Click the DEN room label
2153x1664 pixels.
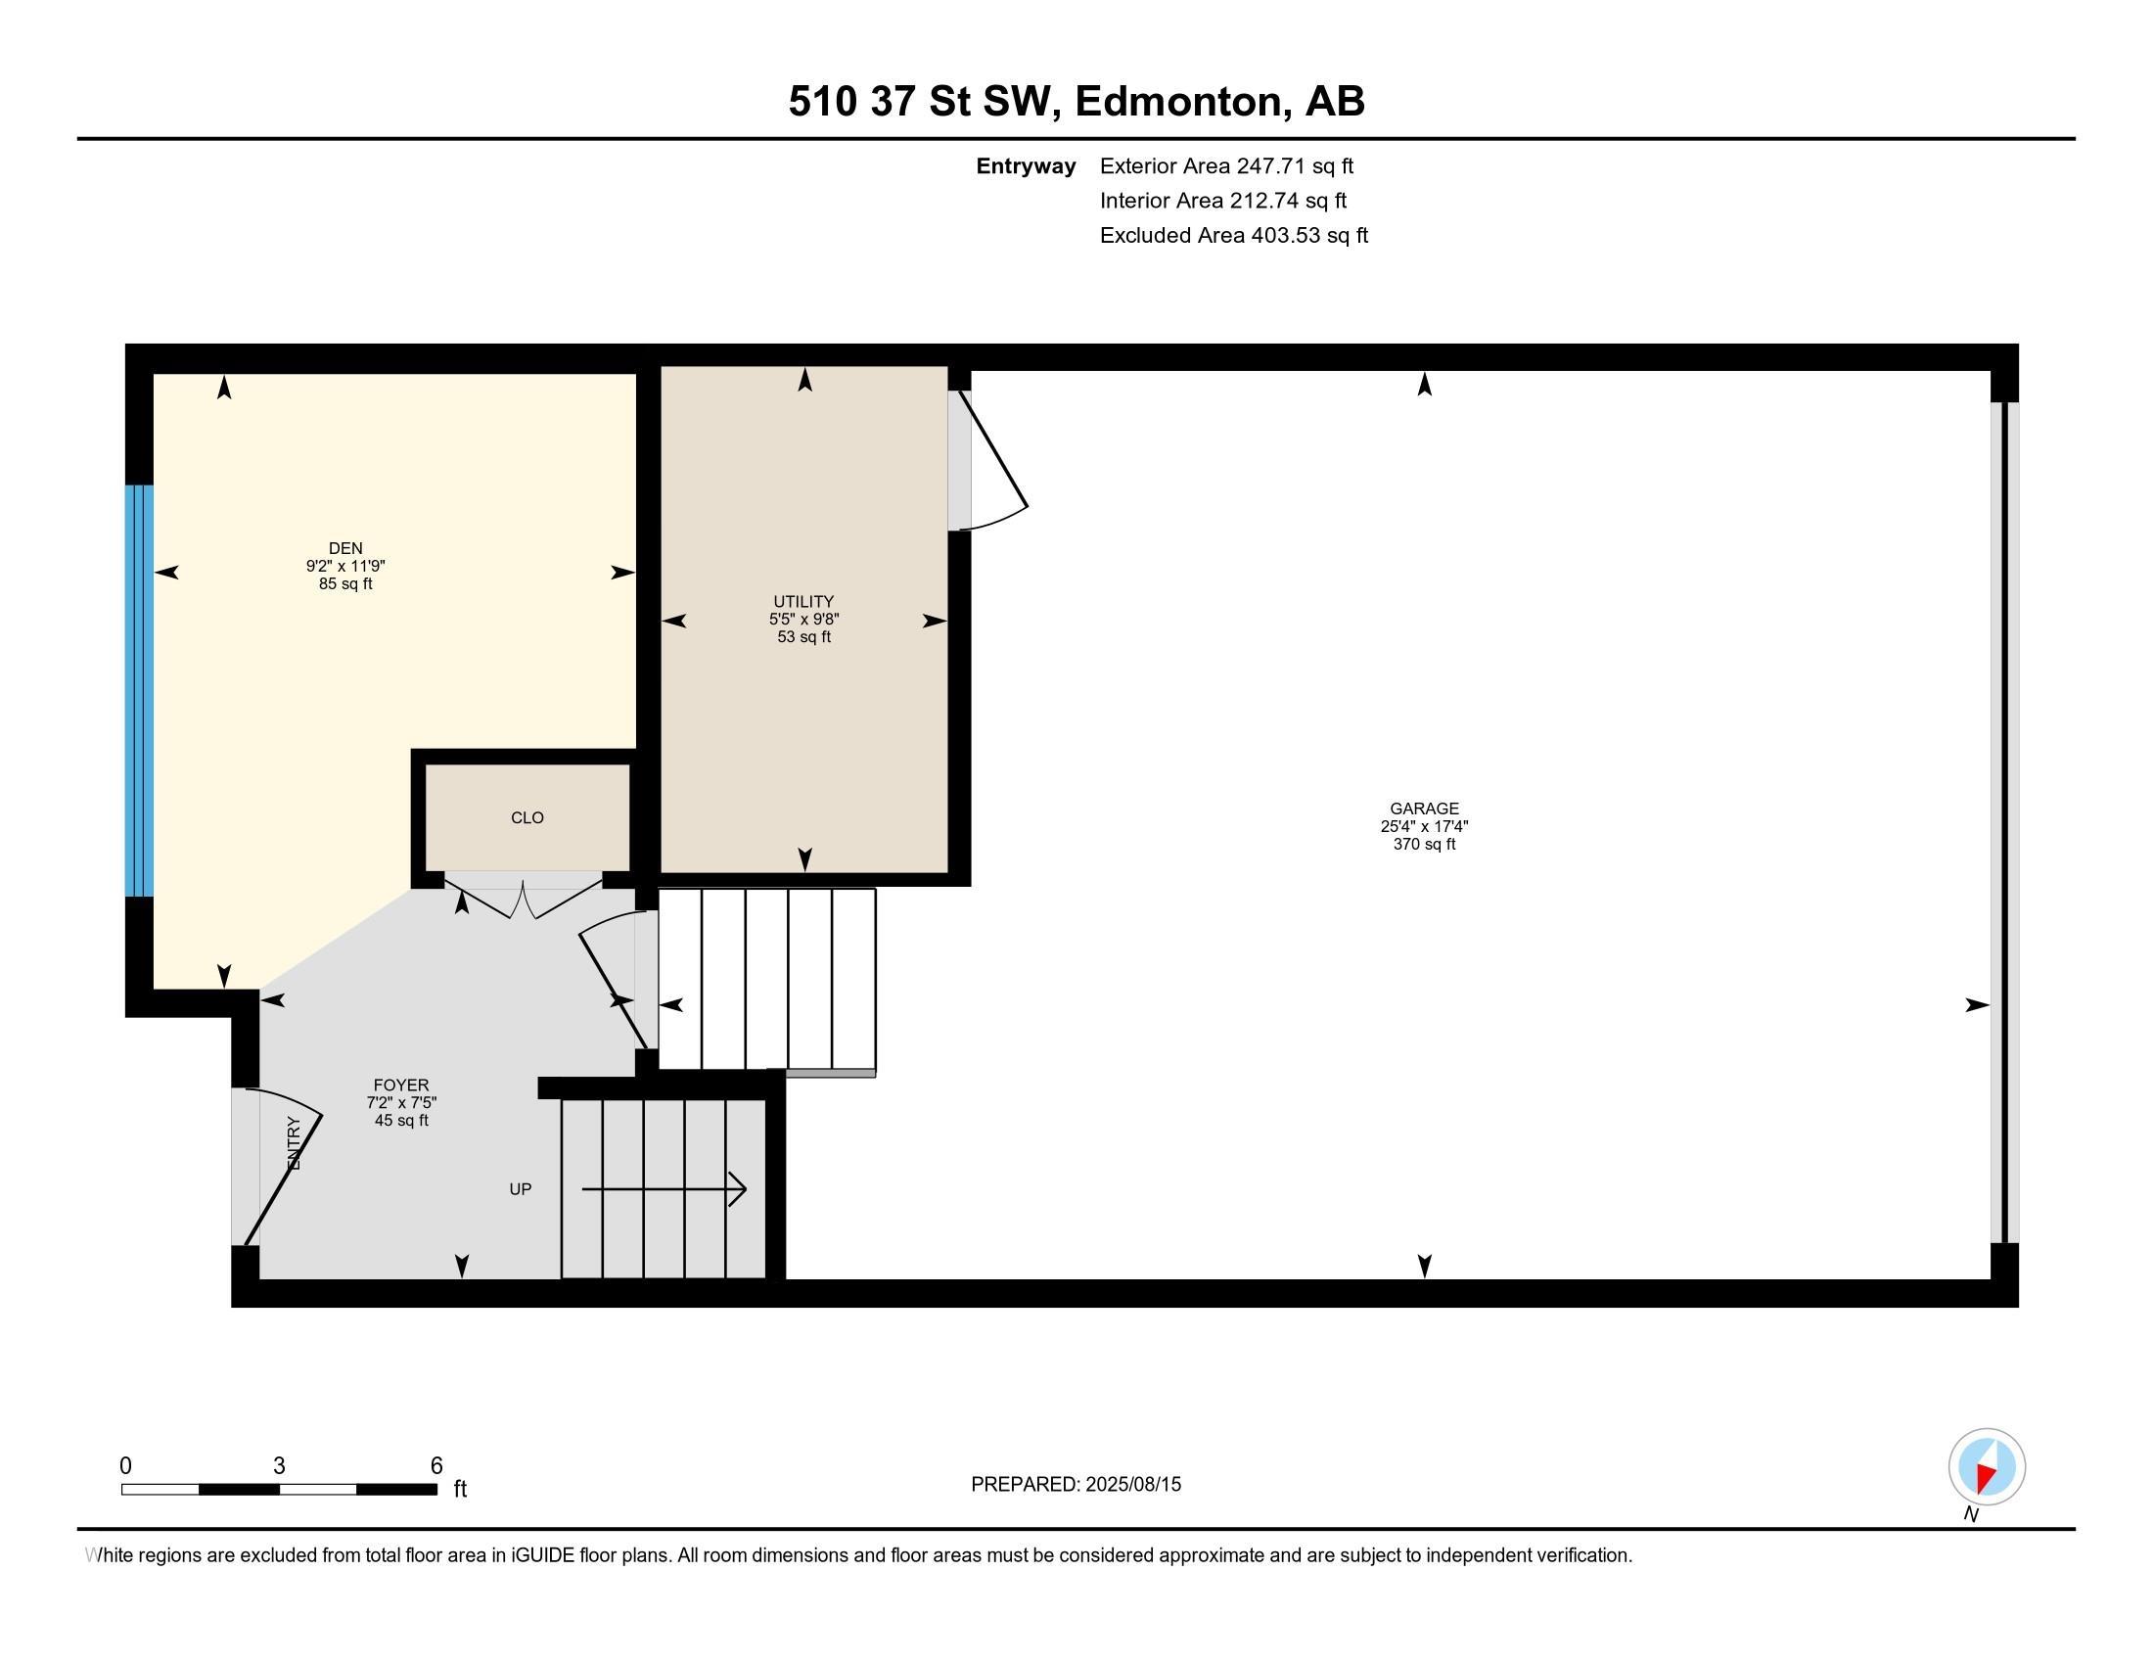pyautogui.click(x=345, y=548)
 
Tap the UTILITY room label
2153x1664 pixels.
pyautogui.click(x=803, y=601)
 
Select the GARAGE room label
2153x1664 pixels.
pyautogui.click(x=1424, y=809)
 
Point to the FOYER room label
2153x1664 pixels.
pyautogui.click(x=401, y=1086)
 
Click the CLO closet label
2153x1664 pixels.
pyautogui.click(x=527, y=817)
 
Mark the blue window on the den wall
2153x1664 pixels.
pyautogui.click(x=139, y=690)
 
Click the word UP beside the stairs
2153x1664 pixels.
pyautogui.click(x=520, y=1189)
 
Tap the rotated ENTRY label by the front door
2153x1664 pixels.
pyautogui.click(x=293, y=1143)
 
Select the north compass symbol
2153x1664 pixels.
pyautogui.click(x=1987, y=1467)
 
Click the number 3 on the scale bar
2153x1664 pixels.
pyautogui.click(x=279, y=1466)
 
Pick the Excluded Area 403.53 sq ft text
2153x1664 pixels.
pyautogui.click(x=1233, y=236)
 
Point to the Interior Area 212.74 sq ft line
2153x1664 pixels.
pyautogui.click(x=1222, y=201)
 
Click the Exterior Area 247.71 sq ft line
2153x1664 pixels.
pyautogui.click(x=1226, y=166)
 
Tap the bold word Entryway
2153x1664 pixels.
pyautogui.click(x=1026, y=166)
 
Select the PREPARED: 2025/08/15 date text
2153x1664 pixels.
pyautogui.click(x=1076, y=1485)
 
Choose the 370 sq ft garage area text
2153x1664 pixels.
pyautogui.click(x=1424, y=845)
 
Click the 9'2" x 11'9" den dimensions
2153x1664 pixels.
pyautogui.click(x=345, y=566)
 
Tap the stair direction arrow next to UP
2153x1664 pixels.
pyautogui.click(x=664, y=1189)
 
